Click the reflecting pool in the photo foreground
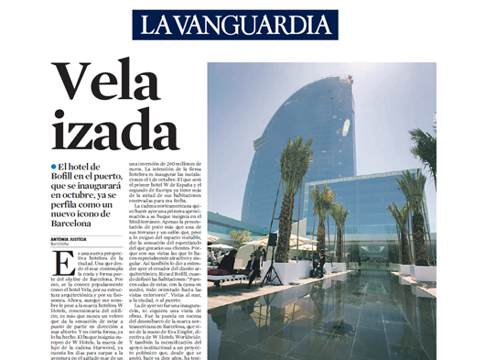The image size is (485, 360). (384, 321)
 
